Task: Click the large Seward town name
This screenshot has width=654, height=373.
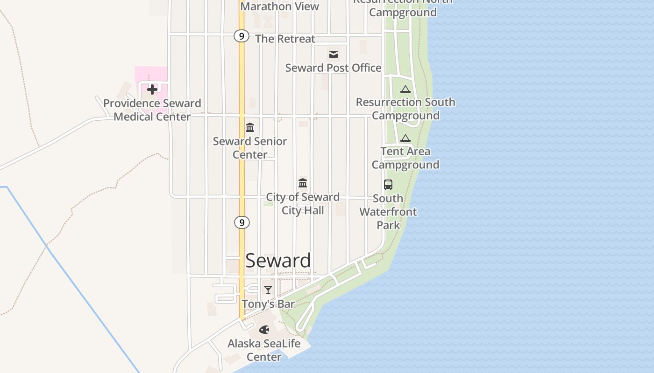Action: [278, 261]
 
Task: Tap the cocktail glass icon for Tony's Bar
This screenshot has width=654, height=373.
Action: [268, 290]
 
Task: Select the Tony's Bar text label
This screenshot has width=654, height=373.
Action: [268, 304]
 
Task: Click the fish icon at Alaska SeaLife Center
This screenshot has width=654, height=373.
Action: [264, 330]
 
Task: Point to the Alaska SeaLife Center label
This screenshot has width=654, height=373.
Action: [264, 350]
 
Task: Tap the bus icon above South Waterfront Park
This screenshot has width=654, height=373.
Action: [388, 185]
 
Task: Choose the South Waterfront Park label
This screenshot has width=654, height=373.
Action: [388, 212]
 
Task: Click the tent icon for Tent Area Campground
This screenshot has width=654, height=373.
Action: [405, 138]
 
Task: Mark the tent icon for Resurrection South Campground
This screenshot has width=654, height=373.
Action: [405, 89]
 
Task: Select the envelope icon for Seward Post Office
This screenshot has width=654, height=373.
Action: [334, 55]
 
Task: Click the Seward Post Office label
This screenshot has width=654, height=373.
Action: [334, 68]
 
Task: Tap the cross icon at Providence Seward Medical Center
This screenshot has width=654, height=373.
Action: [152, 90]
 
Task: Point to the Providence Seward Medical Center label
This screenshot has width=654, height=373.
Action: [152, 110]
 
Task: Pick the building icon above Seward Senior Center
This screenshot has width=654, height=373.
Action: [250, 128]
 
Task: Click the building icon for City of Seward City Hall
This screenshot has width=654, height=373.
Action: [303, 183]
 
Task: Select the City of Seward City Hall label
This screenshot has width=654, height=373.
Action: [303, 204]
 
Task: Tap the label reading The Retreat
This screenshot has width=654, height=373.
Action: [285, 39]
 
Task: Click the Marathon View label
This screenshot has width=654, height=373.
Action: [279, 7]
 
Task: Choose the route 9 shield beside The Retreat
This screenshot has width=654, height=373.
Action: [241, 36]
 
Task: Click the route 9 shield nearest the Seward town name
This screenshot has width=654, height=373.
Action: [242, 223]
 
